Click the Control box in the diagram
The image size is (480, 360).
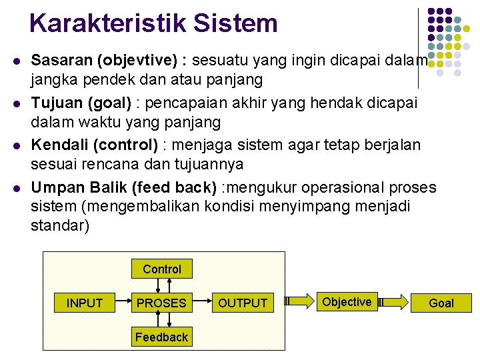(162, 269)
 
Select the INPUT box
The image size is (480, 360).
(85, 303)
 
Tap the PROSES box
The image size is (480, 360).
(161, 303)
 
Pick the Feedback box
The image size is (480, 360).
(161, 337)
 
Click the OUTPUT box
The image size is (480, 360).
(243, 303)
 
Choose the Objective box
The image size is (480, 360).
(347, 301)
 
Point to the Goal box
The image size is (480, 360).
(441, 303)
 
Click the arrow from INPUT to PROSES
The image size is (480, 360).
(124, 303)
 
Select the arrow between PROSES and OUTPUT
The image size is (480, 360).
(202, 303)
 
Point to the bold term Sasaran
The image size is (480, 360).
(62, 61)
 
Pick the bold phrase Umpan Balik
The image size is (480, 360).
(71, 188)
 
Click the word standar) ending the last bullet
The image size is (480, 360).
(60, 225)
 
